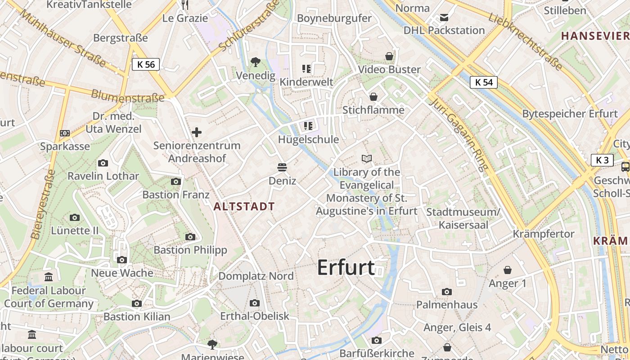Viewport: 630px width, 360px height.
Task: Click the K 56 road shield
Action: (146, 64)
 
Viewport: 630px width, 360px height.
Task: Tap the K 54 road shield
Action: (484, 82)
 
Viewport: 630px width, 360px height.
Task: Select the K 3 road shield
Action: (602, 160)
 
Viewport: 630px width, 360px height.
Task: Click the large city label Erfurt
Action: (346, 268)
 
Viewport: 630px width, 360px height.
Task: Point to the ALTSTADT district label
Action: (244, 207)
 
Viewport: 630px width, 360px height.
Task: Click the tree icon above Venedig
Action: (256, 61)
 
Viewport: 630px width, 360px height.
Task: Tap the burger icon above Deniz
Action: (282, 168)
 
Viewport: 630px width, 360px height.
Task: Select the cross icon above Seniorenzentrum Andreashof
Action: (197, 132)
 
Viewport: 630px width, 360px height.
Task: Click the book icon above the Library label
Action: (367, 158)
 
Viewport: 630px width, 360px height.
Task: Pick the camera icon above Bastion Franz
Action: (176, 181)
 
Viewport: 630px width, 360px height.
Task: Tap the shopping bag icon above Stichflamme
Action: (373, 97)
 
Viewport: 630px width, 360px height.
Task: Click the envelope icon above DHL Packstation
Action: (444, 18)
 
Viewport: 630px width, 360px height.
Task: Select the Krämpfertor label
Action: (544, 234)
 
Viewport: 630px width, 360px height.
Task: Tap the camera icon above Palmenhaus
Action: (446, 292)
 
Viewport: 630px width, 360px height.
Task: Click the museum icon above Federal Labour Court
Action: (49, 277)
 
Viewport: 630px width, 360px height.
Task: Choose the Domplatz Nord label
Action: (256, 276)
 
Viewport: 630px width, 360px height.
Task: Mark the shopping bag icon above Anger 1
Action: (508, 270)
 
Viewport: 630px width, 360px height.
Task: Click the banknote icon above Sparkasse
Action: (65, 133)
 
